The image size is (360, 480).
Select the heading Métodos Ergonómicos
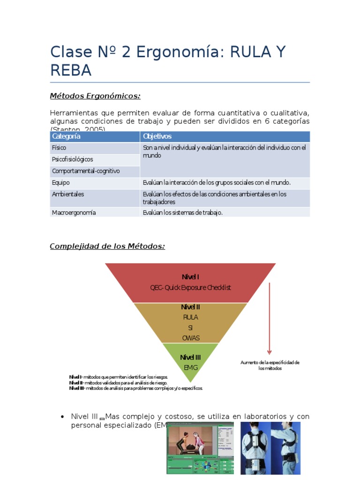(x=95, y=96)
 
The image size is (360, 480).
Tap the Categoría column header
(x=66, y=136)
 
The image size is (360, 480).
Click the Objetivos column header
(x=157, y=136)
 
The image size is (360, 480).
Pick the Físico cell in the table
(x=59, y=148)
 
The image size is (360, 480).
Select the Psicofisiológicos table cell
(x=72, y=159)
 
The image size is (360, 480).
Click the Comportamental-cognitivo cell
(x=86, y=171)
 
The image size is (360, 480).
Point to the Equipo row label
(x=61, y=183)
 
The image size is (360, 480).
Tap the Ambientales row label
(x=68, y=194)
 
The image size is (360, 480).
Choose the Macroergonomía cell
(x=74, y=212)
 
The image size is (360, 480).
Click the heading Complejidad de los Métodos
(x=107, y=247)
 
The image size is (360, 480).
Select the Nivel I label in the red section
(x=190, y=277)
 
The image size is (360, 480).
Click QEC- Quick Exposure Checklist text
(x=190, y=287)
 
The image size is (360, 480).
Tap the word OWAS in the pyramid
(x=190, y=337)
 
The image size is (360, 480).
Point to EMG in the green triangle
(x=190, y=367)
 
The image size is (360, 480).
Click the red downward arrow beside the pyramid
(x=270, y=319)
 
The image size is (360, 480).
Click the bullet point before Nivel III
(x=62, y=417)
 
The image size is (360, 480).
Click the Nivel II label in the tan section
(x=190, y=307)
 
